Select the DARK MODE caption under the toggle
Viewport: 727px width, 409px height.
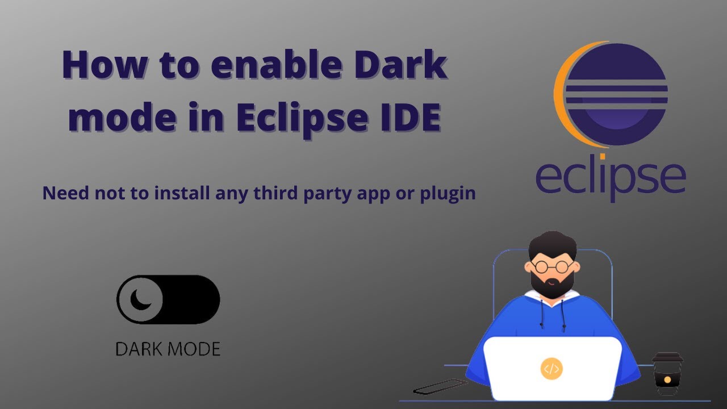tap(168, 349)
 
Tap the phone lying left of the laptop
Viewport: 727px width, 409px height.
tap(440, 387)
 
